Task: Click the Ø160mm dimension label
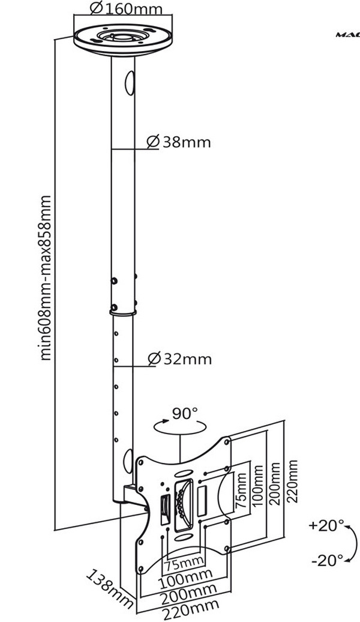127,8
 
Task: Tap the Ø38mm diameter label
179,142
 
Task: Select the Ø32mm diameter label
179,359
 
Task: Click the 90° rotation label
185,413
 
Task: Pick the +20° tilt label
326,526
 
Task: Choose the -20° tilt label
327,561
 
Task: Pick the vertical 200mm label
276,484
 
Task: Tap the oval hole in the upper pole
127,82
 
